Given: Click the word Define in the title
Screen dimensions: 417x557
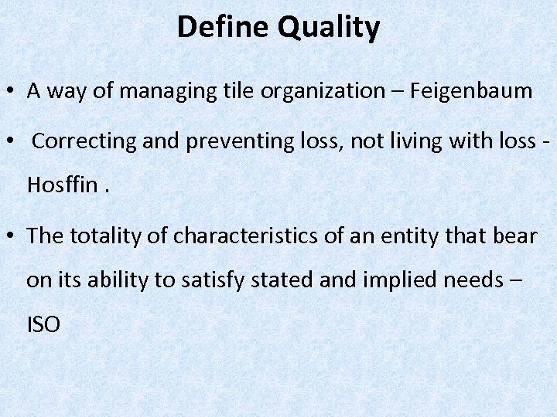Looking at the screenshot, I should [223, 28].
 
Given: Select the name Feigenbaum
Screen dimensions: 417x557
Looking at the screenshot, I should [471, 91].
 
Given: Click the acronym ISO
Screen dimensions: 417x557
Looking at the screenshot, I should [43, 324].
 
